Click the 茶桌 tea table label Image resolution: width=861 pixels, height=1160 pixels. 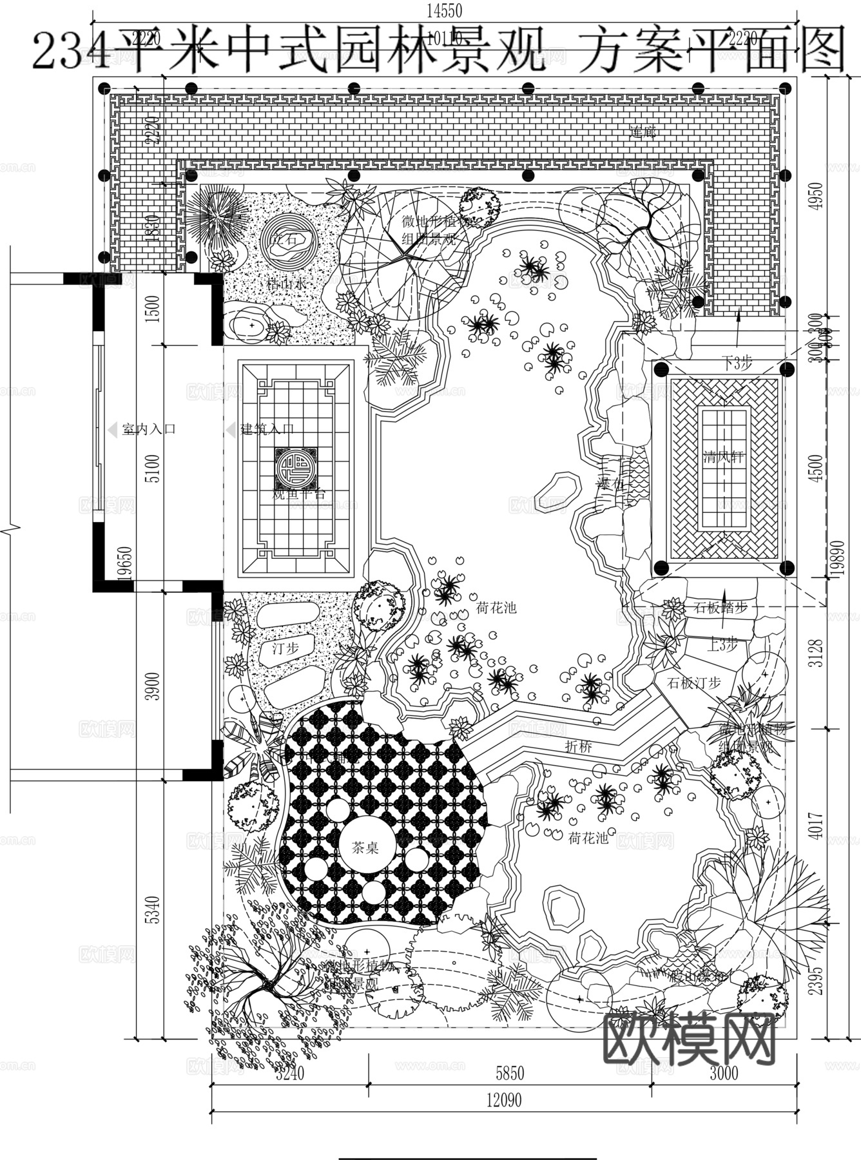pos(365,847)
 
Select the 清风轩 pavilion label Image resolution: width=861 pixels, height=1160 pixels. pos(723,458)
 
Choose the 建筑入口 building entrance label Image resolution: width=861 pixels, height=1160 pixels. pos(267,429)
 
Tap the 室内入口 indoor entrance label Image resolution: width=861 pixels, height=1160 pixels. pos(148,429)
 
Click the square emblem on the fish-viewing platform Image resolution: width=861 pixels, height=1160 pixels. pos(296,468)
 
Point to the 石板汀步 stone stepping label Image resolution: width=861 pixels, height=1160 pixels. pos(693,682)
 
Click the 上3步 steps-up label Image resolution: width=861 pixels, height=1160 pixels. pos(722,644)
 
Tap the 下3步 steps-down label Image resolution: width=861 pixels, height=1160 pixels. pos(736,363)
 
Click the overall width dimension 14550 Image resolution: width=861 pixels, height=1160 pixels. pos(444,10)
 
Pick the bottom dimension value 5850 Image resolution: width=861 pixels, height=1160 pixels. pos(509,1073)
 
